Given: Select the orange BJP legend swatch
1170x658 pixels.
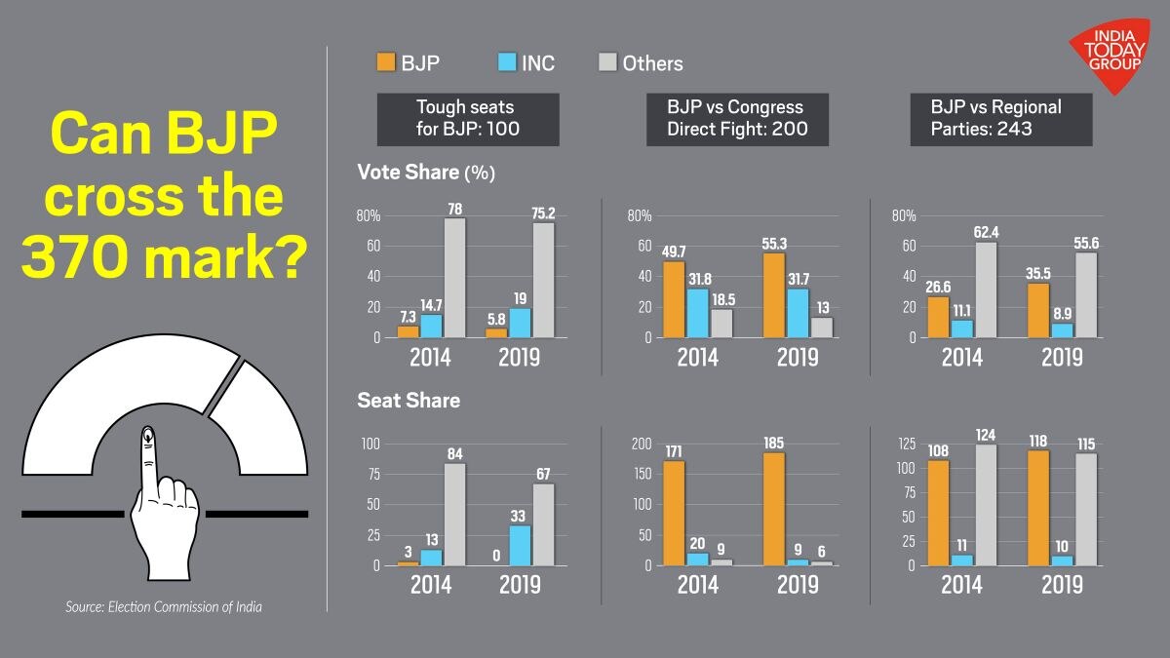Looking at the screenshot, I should (386, 63).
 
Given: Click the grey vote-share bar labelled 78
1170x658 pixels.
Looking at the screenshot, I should (454, 278).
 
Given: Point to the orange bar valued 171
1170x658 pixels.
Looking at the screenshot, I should (673, 513).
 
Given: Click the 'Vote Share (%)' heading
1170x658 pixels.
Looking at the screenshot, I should (427, 173).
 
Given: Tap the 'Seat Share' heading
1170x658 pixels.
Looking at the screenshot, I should (409, 401).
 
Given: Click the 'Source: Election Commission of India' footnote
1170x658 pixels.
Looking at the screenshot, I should (164, 607).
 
